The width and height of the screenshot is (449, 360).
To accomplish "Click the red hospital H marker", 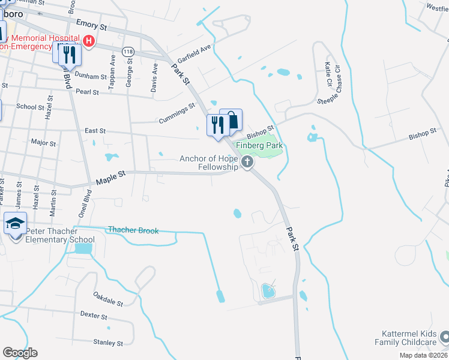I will point(89,41).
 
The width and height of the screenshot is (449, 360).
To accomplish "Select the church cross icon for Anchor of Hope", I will point(247,162).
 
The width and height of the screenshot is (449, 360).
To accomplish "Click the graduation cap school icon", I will point(15,224).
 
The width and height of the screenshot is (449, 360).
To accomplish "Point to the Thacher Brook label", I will point(133,230).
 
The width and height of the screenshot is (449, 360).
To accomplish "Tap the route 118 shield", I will point(127,52).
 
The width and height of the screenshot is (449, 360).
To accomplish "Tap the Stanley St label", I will point(108,343).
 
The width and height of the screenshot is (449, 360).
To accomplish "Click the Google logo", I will point(20,352).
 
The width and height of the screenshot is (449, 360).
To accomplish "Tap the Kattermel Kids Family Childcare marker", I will point(443,337).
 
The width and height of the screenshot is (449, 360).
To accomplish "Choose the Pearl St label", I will point(87,92).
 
